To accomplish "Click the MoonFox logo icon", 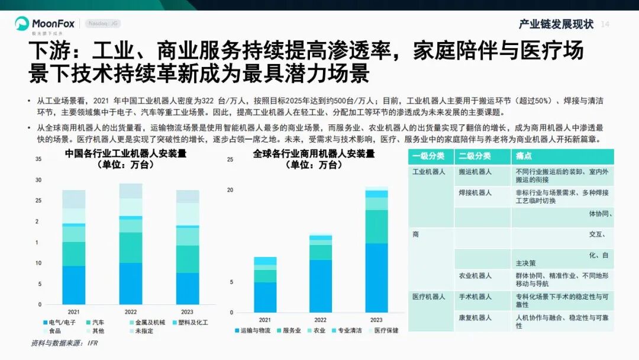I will pos(22,24).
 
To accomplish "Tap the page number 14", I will pos(605,24).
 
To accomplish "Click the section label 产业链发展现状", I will pos(556,24).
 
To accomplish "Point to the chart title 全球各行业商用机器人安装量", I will pos(314,154).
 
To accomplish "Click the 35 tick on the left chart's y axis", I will pos(38,159).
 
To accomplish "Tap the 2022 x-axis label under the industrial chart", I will pos(131,311).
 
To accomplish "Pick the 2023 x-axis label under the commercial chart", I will pos(376,320).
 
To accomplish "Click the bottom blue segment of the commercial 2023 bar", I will pos(376,278).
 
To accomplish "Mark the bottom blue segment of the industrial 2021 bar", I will pos(74,285).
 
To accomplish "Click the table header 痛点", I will pos(524,156).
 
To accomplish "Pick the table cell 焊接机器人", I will pos(475,192).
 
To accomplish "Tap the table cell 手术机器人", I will pos(475,296).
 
